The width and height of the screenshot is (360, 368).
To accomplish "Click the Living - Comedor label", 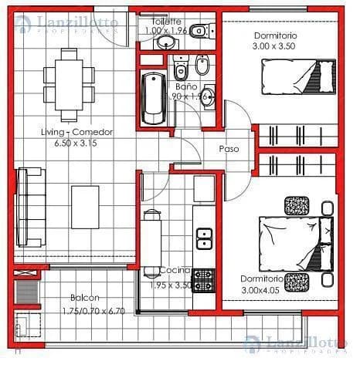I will [x=76, y=132].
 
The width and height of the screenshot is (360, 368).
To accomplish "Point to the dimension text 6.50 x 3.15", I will [x=76, y=142].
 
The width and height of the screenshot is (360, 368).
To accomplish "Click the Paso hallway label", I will [x=228, y=148].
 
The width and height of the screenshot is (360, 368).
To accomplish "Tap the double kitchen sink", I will [x=205, y=238].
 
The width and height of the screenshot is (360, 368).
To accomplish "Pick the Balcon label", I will [x=84, y=298].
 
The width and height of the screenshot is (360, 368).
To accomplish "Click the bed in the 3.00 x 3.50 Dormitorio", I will [x=292, y=78].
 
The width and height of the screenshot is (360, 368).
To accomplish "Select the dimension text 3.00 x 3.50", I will [x=274, y=47].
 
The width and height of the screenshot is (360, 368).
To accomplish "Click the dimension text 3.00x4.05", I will [x=261, y=289].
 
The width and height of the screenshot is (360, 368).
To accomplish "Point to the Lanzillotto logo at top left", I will [x=67, y=26].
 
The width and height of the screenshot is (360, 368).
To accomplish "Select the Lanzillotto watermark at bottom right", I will [x=297, y=344].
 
